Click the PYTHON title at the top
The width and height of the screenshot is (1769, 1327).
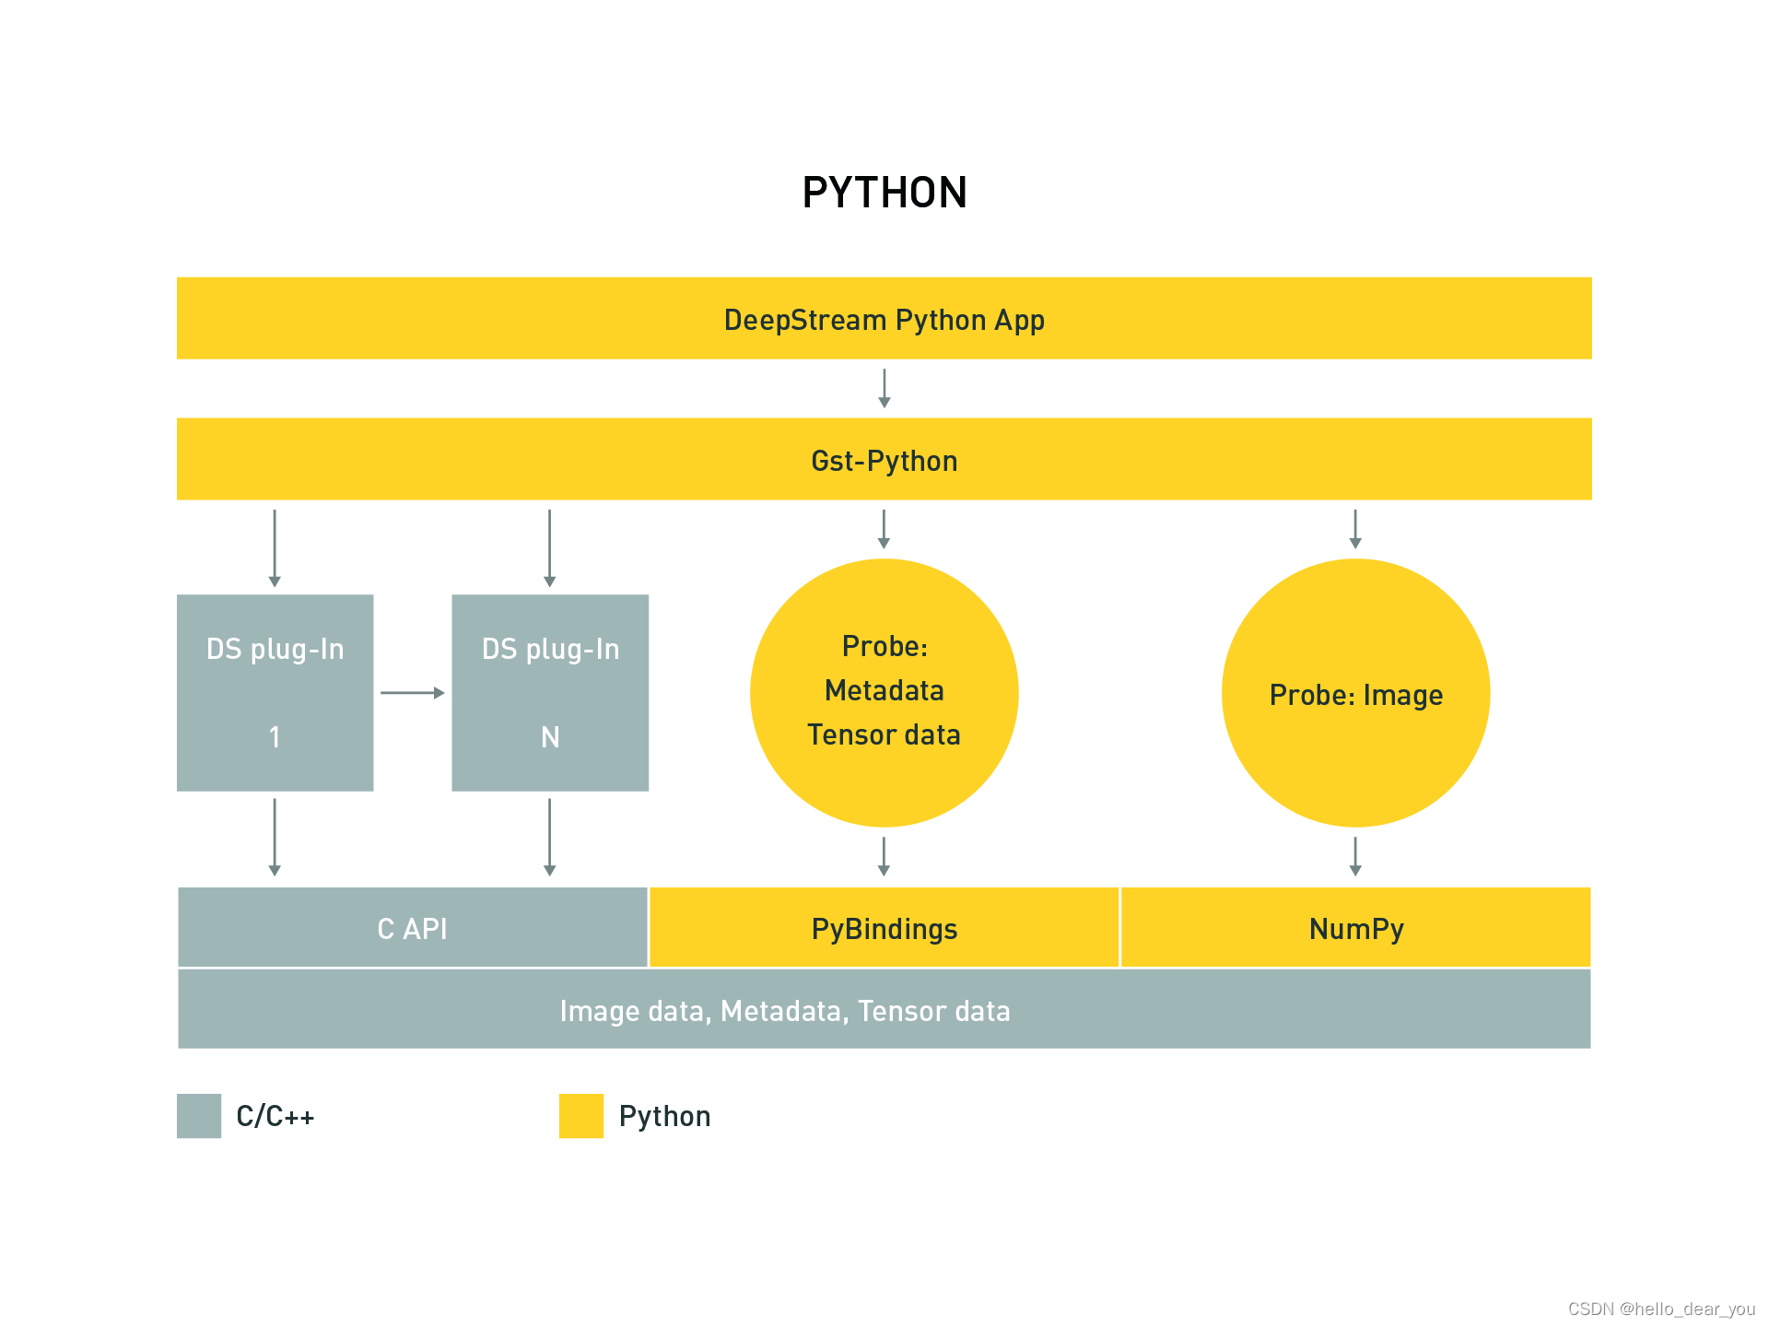(884, 193)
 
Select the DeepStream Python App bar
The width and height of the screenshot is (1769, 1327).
(884, 319)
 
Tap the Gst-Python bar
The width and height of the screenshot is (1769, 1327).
(884, 460)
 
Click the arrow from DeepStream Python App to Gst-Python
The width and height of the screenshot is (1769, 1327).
(884, 388)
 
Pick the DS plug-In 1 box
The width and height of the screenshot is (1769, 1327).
(275, 693)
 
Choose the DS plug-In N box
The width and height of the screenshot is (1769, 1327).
(550, 693)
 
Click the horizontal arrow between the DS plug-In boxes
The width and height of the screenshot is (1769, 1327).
(412, 693)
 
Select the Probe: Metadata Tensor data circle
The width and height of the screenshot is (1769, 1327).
(884, 693)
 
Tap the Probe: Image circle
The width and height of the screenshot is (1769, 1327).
(1355, 693)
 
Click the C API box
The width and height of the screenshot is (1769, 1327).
(412, 928)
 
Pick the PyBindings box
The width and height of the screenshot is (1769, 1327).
(884, 928)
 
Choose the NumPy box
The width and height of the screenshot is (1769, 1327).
(1355, 928)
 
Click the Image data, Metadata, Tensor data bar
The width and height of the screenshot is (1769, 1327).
(884, 1010)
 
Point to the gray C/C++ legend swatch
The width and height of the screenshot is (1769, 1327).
(199, 1116)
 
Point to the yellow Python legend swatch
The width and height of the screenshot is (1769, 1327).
(581, 1116)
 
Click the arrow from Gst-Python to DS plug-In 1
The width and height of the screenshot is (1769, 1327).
(275, 548)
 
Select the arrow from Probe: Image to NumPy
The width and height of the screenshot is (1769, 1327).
(1355, 856)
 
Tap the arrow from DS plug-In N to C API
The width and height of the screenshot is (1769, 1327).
(550, 837)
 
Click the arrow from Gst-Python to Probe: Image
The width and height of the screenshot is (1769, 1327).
(1355, 529)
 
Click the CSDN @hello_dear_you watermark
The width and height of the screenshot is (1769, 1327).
(1661, 1309)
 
